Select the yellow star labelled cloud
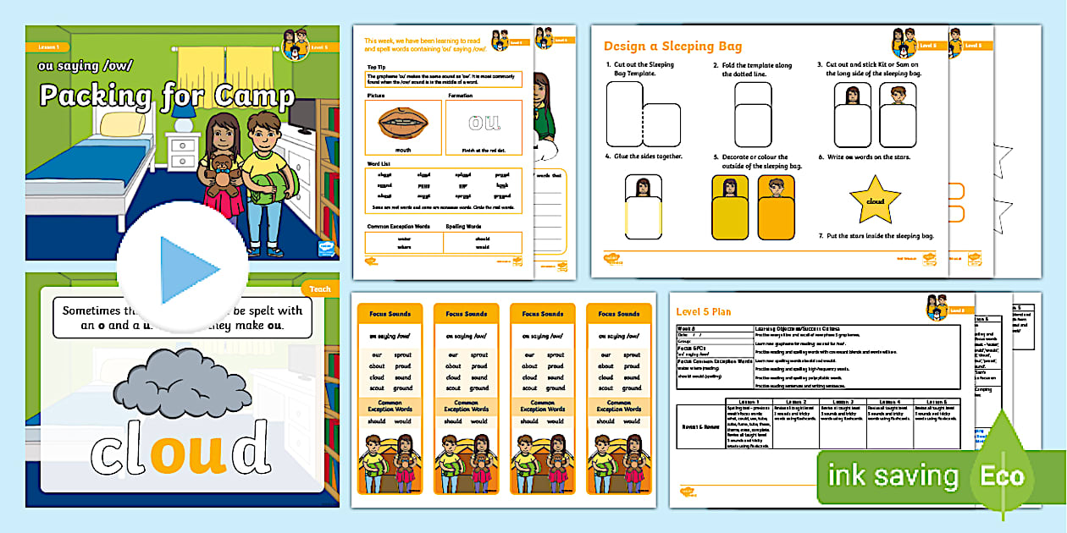click(x=875, y=201)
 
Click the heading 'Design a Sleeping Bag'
click(x=672, y=47)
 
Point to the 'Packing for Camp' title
click(x=167, y=95)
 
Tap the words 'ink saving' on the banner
click(x=893, y=475)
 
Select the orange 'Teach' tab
click(x=320, y=289)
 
